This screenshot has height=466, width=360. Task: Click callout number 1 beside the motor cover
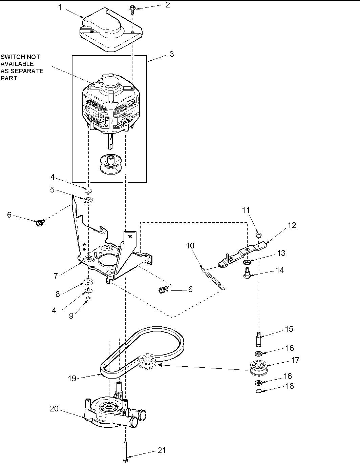click(x=60, y=7)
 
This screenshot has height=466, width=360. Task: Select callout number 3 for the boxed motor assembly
click(x=172, y=54)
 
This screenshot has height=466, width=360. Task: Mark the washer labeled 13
click(x=246, y=262)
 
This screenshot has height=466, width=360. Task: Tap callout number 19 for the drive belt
click(x=72, y=379)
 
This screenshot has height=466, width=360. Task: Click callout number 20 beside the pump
click(x=54, y=409)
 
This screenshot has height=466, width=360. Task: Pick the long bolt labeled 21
click(x=126, y=451)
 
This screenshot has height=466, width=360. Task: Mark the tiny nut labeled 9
click(x=88, y=298)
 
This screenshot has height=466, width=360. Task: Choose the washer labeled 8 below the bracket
click(x=89, y=281)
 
